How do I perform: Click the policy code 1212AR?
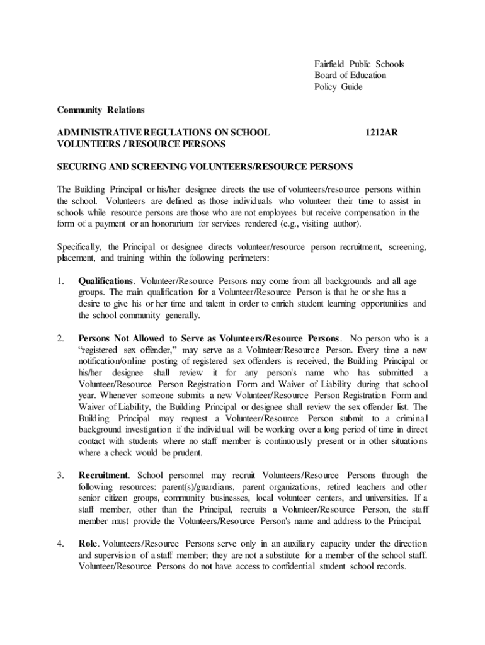382,133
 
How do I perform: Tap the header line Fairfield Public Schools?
359,64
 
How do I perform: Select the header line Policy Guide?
338,87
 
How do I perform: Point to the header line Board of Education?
350,76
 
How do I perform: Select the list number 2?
60,339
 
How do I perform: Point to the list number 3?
60,475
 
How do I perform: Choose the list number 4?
60,544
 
